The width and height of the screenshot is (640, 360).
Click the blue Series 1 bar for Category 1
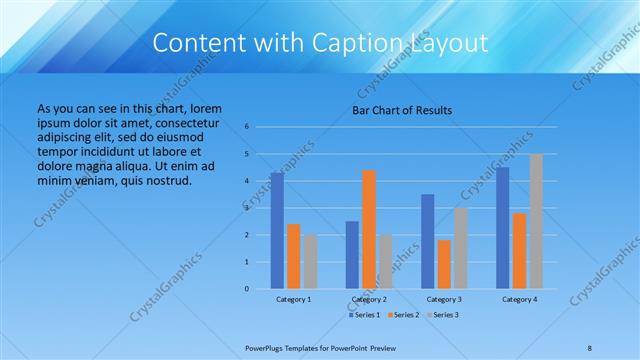(277, 231)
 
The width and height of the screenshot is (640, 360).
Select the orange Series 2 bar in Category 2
(369, 229)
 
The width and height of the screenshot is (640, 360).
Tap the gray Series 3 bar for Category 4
(536, 221)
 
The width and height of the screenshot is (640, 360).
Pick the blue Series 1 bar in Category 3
(428, 241)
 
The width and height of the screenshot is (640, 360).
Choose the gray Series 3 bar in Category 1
(310, 261)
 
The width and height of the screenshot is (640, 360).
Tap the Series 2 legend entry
(405, 315)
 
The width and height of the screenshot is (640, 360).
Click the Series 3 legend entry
(443, 315)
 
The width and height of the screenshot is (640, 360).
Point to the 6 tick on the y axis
(246, 127)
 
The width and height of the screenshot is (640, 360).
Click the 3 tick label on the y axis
(246, 208)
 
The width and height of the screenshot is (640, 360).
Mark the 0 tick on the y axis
(246, 289)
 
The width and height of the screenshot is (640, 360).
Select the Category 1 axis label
(293, 299)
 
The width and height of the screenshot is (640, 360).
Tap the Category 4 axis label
(519, 299)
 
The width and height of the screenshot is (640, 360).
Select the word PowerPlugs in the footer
(267, 347)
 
